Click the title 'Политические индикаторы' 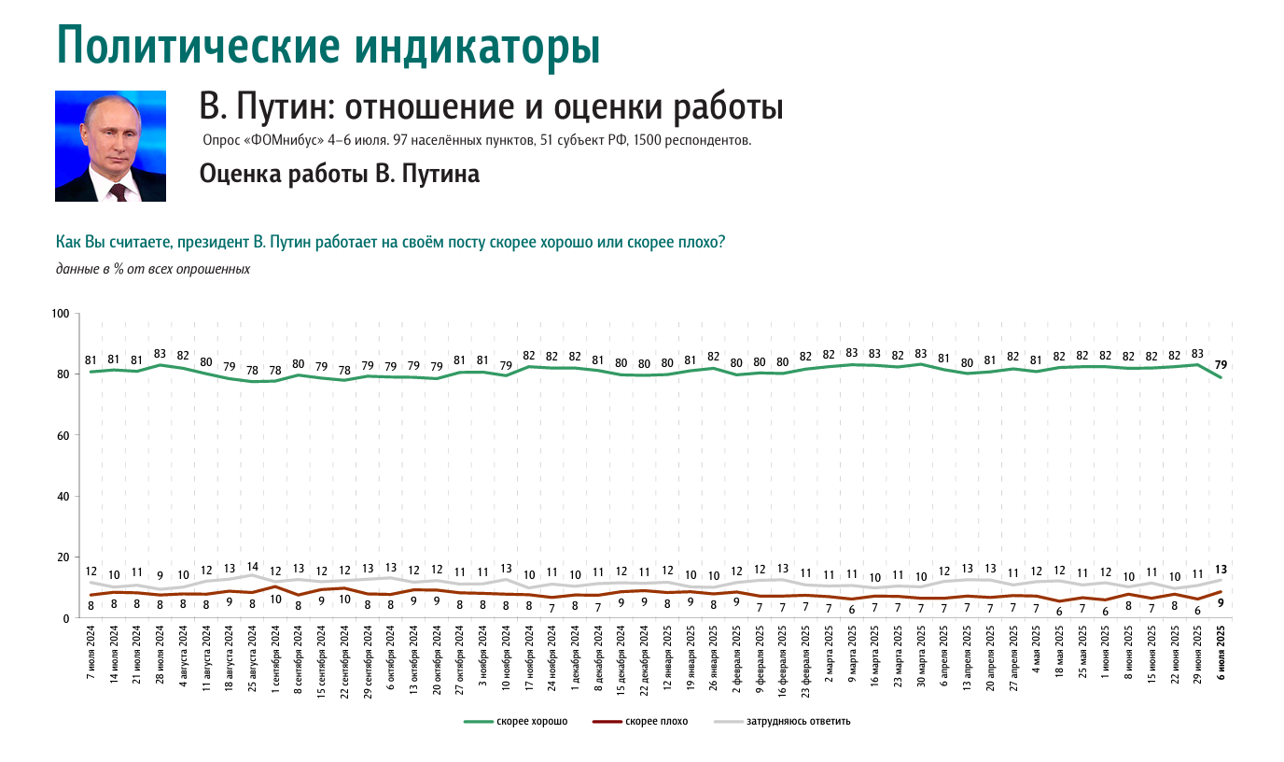click(x=328, y=46)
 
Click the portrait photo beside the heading click(x=110, y=146)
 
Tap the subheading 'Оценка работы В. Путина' click(x=340, y=174)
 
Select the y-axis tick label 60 click(x=63, y=435)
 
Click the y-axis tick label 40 click(x=63, y=496)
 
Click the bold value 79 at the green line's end click(x=1221, y=364)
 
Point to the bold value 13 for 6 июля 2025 click(x=1221, y=570)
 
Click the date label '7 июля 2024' click(x=91, y=657)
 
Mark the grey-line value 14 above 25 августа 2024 click(x=252, y=566)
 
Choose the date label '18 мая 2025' click(x=1060, y=659)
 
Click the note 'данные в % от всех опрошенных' click(x=153, y=269)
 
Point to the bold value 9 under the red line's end click(x=1221, y=603)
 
